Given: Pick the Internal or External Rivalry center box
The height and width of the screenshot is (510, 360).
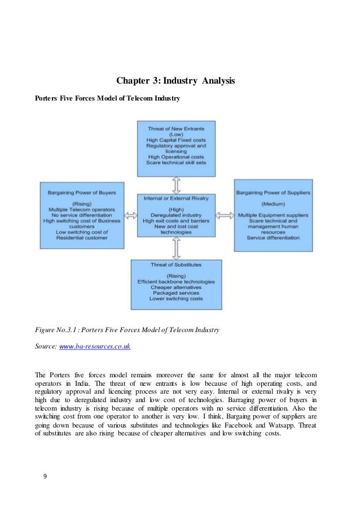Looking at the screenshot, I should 176,215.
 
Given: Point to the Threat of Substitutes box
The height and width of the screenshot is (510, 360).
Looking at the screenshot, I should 176,284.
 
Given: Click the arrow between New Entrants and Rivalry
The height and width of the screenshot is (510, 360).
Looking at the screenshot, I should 176,185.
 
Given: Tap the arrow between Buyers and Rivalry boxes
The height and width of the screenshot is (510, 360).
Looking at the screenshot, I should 130,215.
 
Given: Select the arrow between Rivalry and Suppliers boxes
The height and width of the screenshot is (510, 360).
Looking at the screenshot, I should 225,215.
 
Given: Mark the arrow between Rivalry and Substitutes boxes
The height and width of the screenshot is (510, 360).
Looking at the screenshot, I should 176,248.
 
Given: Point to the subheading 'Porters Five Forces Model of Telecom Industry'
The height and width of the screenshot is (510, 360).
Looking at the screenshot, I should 108,99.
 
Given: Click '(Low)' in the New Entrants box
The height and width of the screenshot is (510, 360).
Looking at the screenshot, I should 176,134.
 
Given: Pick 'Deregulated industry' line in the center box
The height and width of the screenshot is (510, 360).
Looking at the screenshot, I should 176,215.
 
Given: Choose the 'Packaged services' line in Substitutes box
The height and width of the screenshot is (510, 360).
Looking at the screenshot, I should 176,293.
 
